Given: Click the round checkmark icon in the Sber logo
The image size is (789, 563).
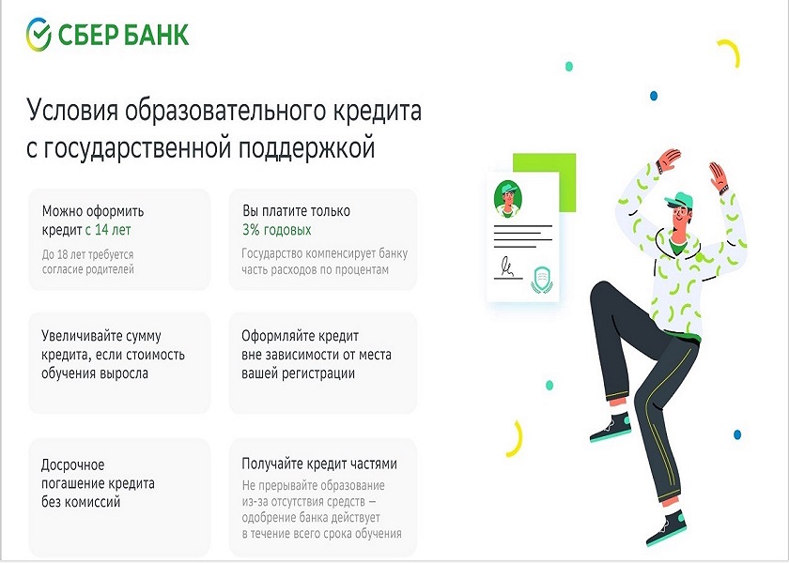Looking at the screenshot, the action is tap(39, 35).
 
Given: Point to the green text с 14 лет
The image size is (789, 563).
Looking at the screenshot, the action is tap(108, 230).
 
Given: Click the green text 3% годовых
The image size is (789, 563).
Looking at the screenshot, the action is tap(277, 230).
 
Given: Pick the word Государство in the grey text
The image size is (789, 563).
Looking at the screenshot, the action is tap(272, 254).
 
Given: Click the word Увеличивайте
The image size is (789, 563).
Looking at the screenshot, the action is tap(76, 335).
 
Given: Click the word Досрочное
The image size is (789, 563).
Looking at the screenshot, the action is tap(73, 465).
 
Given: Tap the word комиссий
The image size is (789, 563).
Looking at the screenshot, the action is tap(92, 502).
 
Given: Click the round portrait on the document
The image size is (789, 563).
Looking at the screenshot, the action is tap(508, 199).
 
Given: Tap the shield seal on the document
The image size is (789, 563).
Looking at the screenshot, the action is tap(542, 280).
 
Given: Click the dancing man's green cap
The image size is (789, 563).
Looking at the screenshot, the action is tap(679, 200).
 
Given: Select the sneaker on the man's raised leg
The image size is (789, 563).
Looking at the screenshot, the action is tap(611, 428).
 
